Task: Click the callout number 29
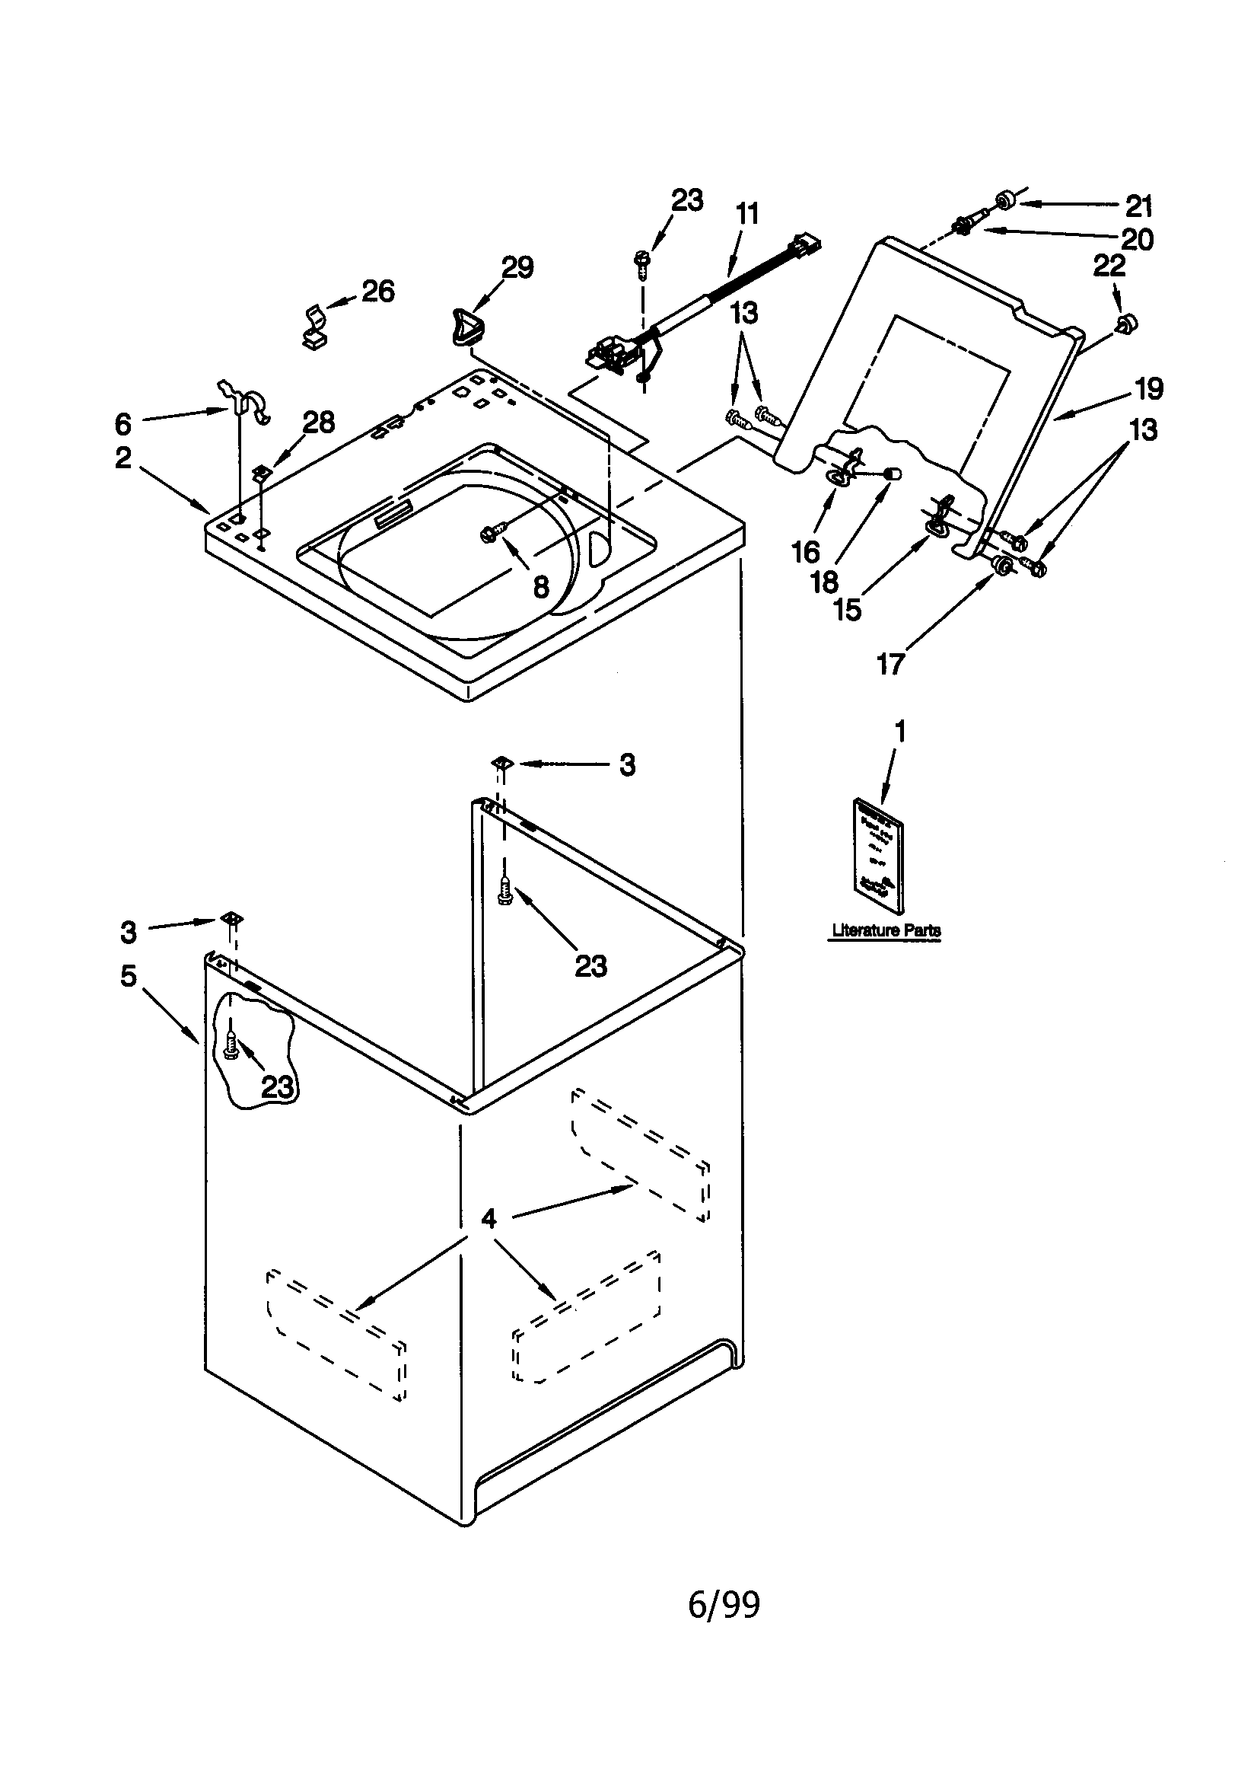[517, 267]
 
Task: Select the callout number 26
[378, 291]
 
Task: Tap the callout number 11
[747, 213]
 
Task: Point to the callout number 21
[1138, 206]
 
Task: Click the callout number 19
[1149, 388]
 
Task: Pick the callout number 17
[890, 664]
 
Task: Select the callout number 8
[541, 587]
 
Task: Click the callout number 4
[489, 1220]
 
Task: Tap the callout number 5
[129, 976]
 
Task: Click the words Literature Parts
[886, 930]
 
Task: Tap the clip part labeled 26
[315, 326]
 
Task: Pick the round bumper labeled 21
[1005, 201]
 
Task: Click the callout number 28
[319, 423]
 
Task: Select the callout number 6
[123, 424]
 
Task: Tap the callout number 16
[805, 553]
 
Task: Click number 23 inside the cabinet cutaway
[278, 1088]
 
